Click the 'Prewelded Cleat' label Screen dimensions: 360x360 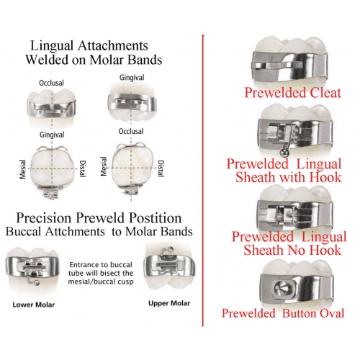click(293, 93)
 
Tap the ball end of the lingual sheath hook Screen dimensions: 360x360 click(283, 153)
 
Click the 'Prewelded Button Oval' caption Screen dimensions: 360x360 click(283, 313)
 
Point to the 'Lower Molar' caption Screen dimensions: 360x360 click(34, 305)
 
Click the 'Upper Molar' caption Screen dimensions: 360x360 click(169, 303)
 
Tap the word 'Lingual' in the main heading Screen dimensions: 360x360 click(52, 46)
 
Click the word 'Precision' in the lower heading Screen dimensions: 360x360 click(44, 218)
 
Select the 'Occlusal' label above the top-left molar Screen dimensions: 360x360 click(51, 83)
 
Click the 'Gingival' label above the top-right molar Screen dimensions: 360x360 click(132, 78)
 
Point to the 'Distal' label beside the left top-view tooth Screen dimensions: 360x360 click(82, 169)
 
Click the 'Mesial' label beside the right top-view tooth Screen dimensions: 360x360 click(104, 166)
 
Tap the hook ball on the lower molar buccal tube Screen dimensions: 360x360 click(37, 284)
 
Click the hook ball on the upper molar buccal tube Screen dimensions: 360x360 click(171, 249)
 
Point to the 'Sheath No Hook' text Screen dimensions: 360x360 click(292, 250)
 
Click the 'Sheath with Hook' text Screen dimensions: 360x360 click(289, 177)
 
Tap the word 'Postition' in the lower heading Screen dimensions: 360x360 click(156, 218)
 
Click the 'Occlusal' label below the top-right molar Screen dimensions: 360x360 click(131, 132)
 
